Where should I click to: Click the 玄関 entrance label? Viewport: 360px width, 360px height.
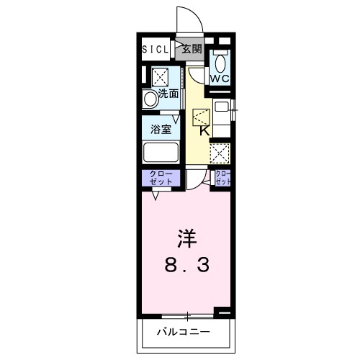coord(191,50)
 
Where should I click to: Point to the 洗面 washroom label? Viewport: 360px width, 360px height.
coord(169,94)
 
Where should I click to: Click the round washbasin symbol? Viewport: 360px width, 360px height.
coord(150,99)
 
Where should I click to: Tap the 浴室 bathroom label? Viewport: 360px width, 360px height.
coord(161,130)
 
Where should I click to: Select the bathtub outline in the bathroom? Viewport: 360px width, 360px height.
coord(162,153)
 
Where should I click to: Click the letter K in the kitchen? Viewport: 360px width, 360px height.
coord(204,131)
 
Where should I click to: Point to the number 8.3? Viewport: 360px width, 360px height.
coord(186,266)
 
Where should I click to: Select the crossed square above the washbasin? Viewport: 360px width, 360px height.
coord(160,76)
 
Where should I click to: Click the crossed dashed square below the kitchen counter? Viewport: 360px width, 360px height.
coord(219,153)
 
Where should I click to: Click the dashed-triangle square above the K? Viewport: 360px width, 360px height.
coord(201,116)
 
